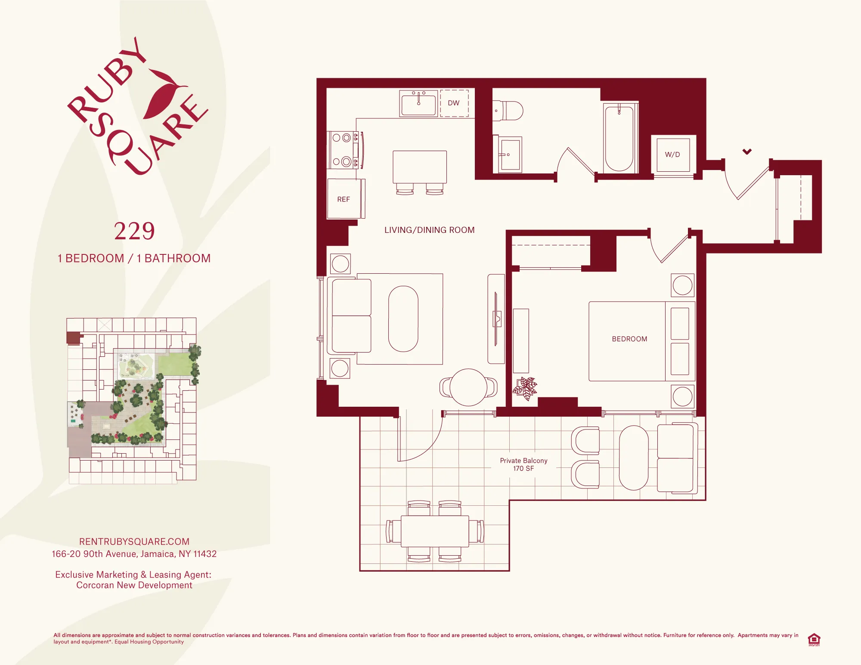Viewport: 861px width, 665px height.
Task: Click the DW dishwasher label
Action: point(454,103)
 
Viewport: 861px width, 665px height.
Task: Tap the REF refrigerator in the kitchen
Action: point(344,199)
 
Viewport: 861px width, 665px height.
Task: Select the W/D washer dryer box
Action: point(672,154)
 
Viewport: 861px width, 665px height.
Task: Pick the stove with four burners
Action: point(343,150)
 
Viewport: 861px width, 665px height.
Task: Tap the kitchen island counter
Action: point(420,167)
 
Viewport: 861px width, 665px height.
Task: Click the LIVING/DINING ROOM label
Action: point(429,230)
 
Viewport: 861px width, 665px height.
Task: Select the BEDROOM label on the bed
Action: point(629,339)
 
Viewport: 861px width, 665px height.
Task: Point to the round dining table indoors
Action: point(468,387)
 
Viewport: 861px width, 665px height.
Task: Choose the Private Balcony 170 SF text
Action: point(523,464)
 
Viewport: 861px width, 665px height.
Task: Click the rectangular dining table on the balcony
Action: point(435,531)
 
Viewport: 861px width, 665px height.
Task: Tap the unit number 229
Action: point(134,231)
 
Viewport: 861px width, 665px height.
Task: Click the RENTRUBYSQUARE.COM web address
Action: point(134,541)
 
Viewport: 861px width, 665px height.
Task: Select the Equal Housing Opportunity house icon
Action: point(814,639)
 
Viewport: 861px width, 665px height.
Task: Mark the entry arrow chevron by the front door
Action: point(747,152)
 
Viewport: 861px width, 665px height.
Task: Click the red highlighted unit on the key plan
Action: point(74,337)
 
